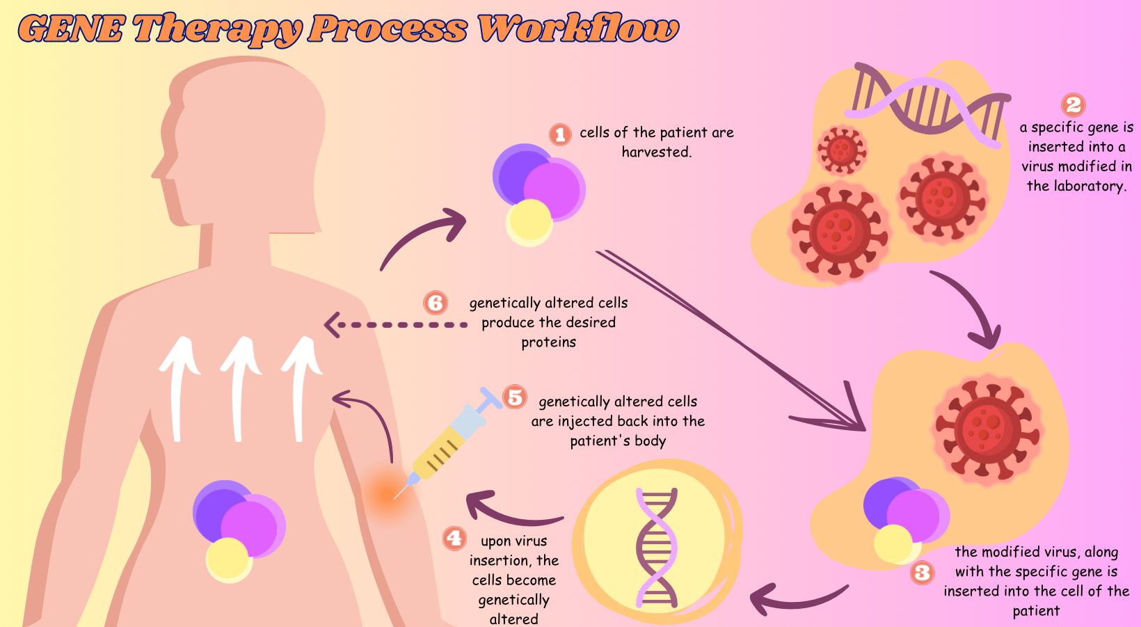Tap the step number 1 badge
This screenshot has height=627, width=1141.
560,134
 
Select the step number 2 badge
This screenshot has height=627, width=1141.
1074,105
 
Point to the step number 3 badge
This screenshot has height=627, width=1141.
923,573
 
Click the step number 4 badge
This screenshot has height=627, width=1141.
454,538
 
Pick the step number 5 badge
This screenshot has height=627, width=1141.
515,397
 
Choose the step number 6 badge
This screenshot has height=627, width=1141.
436,303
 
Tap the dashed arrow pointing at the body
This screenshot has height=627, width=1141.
397,324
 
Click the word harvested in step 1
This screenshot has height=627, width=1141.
657,152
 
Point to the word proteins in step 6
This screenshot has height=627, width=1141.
549,342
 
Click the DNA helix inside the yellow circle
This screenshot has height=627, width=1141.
656,546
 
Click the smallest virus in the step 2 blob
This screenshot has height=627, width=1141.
842,149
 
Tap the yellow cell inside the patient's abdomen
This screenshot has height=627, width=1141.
228,559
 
